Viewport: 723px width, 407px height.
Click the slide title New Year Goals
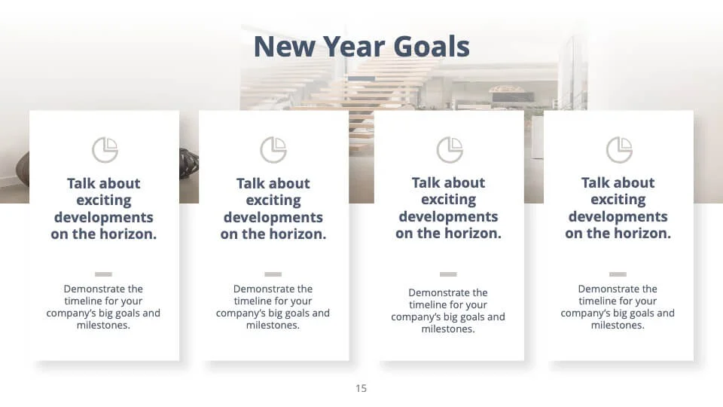pyautogui.click(x=361, y=47)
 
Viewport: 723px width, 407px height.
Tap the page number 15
pyautogui.click(x=361, y=389)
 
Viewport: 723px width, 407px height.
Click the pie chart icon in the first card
pyautogui.click(x=105, y=150)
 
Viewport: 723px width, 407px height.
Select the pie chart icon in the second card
pyautogui.click(x=273, y=150)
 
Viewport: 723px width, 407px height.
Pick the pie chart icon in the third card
pyautogui.click(x=450, y=150)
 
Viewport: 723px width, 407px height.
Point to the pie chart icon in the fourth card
pyautogui.click(x=619, y=150)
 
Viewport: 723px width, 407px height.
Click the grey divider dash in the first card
pyautogui.click(x=103, y=274)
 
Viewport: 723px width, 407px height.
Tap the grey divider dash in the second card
pyautogui.click(x=273, y=274)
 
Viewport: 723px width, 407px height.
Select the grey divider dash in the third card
pyautogui.click(x=448, y=274)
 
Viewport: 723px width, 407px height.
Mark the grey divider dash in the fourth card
pyautogui.click(x=618, y=274)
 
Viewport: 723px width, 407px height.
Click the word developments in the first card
pyautogui.click(x=104, y=218)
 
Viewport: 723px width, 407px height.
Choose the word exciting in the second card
pyautogui.click(x=273, y=200)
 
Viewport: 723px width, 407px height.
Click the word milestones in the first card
pyautogui.click(x=103, y=326)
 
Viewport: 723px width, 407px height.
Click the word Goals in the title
pyautogui.click(x=432, y=47)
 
